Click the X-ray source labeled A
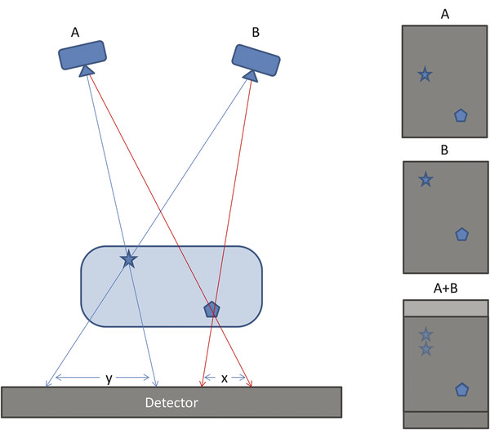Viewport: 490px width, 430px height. point(83,56)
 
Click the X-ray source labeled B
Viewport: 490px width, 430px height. point(256,58)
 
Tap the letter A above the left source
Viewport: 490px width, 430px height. point(74,32)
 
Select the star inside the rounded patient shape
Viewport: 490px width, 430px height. point(128,260)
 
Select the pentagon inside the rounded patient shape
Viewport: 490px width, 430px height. point(212,309)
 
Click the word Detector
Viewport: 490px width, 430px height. point(171,402)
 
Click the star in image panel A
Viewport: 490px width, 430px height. point(425,75)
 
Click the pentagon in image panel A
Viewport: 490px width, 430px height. point(461,115)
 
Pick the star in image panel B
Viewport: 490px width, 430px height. point(425,179)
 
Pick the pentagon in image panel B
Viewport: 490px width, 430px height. point(461,235)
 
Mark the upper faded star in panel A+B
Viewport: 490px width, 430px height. point(425,334)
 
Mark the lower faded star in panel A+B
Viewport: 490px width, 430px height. point(425,348)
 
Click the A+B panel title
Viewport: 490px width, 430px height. point(444,289)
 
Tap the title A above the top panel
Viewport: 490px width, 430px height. point(444,13)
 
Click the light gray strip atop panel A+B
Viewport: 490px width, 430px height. point(444,308)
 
